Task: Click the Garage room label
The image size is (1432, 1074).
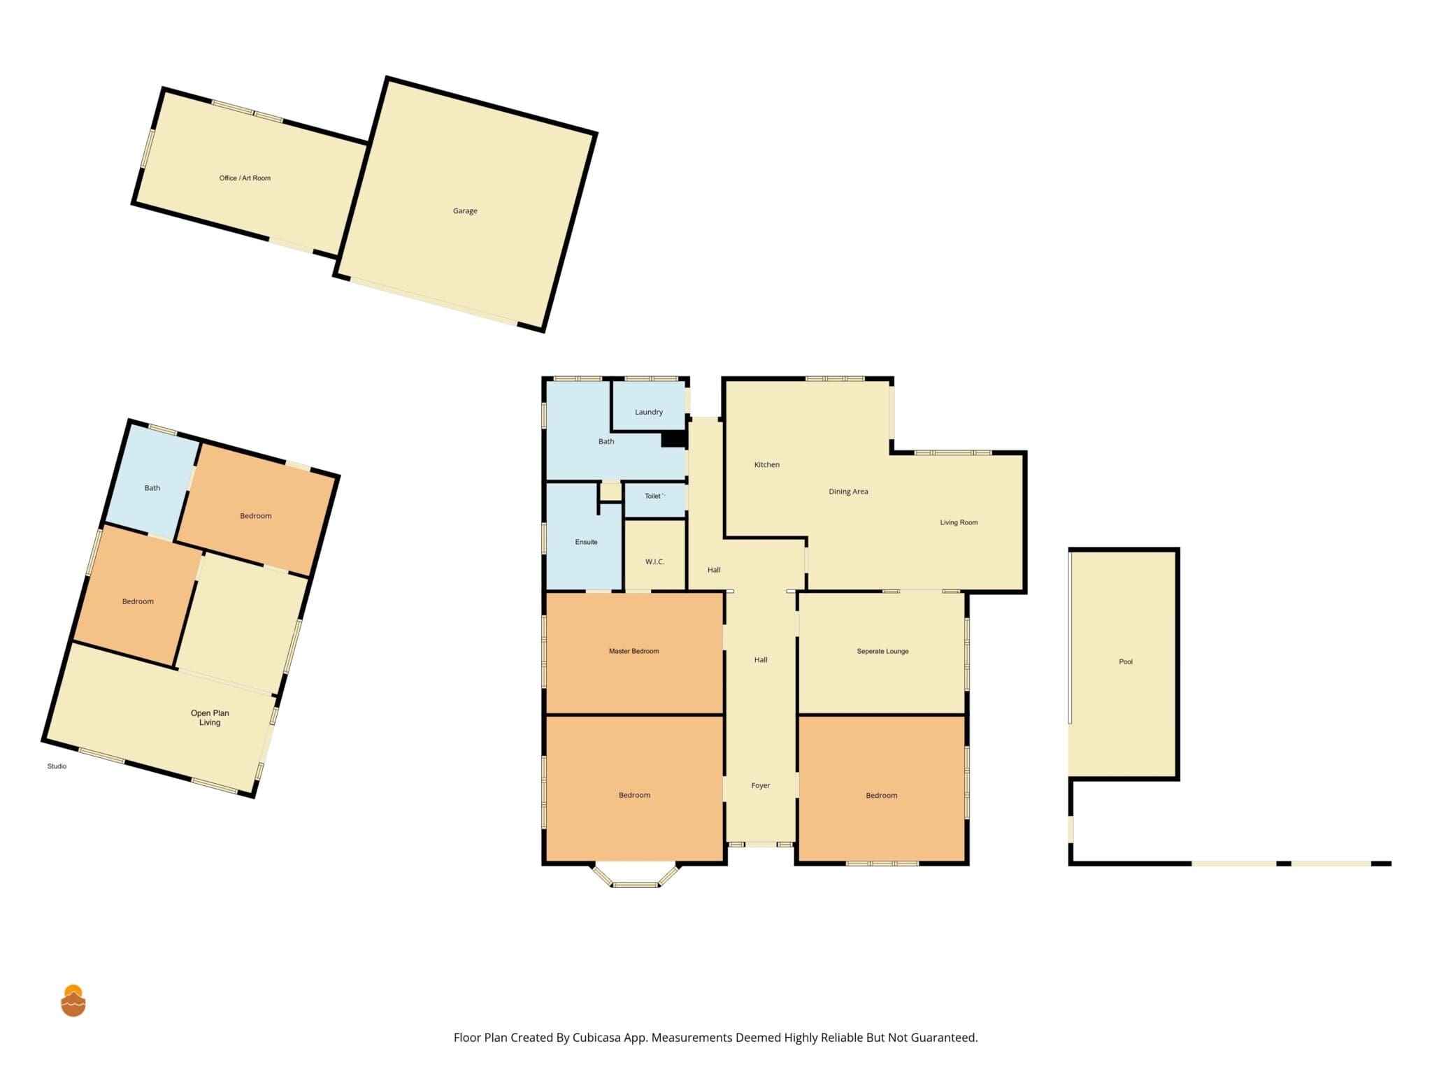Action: [x=465, y=211]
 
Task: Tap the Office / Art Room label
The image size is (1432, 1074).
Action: [x=245, y=178]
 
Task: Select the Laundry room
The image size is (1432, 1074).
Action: [x=648, y=406]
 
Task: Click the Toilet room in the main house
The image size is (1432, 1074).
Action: [x=654, y=500]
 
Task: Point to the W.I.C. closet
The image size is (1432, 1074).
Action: [x=654, y=556]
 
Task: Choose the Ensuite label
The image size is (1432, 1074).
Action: [x=586, y=542]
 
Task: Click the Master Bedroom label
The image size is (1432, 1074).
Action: [x=633, y=651]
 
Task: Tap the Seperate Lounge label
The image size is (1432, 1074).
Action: [x=882, y=651]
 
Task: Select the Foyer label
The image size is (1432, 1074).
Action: [x=761, y=785]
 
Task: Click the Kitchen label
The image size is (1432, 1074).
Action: [x=766, y=464]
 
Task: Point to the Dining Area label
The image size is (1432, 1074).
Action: [x=848, y=492]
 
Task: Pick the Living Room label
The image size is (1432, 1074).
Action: [x=959, y=522]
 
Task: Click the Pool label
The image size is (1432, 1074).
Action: [x=1126, y=661]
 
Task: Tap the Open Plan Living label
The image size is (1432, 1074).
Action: [x=210, y=718]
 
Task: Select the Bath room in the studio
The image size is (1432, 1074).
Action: [x=152, y=482]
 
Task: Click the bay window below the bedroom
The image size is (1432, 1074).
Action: [x=636, y=875]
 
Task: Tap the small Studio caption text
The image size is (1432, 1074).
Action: [x=57, y=766]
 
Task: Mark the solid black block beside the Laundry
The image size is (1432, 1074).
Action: [x=673, y=439]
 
